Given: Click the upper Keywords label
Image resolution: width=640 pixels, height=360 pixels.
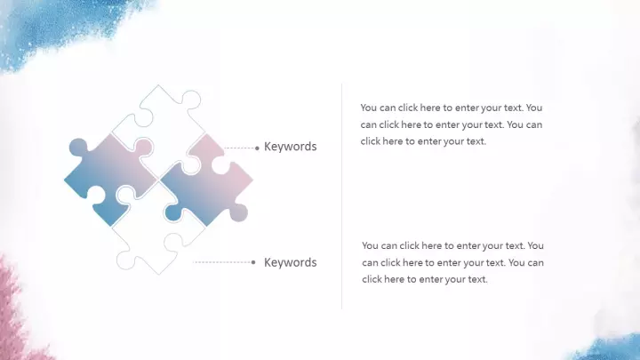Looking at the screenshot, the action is (x=290, y=147).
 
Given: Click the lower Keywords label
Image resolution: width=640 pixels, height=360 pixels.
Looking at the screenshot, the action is (x=290, y=262).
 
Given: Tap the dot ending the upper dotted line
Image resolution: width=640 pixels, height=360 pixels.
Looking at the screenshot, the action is (x=257, y=148).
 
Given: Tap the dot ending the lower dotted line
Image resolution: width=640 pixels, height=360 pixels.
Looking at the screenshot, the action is (x=253, y=262).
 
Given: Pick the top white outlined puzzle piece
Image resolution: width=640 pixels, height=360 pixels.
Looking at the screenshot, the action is (x=164, y=118).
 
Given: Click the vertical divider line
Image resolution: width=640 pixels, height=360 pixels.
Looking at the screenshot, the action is (x=341, y=196).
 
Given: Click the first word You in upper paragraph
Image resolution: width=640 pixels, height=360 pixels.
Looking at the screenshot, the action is (x=369, y=108).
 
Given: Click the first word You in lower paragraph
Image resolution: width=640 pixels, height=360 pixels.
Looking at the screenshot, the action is (x=370, y=245).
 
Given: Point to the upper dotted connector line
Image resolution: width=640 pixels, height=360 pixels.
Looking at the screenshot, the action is (x=240, y=148).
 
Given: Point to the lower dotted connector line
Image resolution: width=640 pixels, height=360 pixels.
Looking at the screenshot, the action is (x=222, y=262).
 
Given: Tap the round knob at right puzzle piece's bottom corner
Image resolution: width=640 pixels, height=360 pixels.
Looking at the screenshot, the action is (x=239, y=213).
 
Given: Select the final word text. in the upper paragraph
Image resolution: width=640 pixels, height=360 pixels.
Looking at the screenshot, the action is (x=475, y=141).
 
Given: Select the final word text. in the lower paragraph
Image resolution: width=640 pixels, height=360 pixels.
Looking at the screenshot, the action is (x=476, y=279).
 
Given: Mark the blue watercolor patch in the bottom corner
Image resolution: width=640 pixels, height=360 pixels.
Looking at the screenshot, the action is (x=608, y=349).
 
